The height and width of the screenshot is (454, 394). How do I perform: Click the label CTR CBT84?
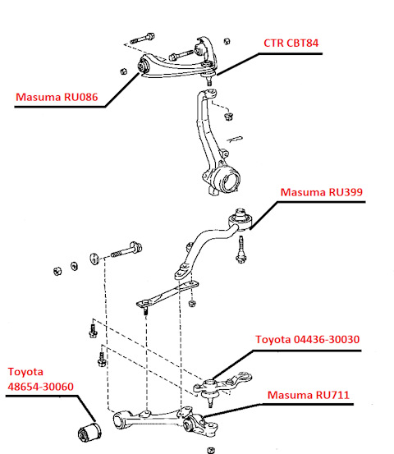[x=291, y=44]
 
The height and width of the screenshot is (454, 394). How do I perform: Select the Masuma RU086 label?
[x=57, y=97]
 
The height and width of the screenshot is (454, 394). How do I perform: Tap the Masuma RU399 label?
[x=321, y=192]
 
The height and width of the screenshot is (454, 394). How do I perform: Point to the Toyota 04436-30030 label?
[x=308, y=339]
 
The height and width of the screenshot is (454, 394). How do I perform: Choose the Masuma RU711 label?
[x=309, y=395]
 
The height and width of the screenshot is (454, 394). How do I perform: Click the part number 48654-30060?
[x=40, y=387]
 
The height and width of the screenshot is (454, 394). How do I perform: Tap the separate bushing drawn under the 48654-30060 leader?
[x=89, y=432]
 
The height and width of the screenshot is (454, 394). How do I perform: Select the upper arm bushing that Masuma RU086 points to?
[x=143, y=66]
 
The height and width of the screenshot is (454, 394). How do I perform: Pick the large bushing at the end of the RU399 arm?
[x=241, y=220]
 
